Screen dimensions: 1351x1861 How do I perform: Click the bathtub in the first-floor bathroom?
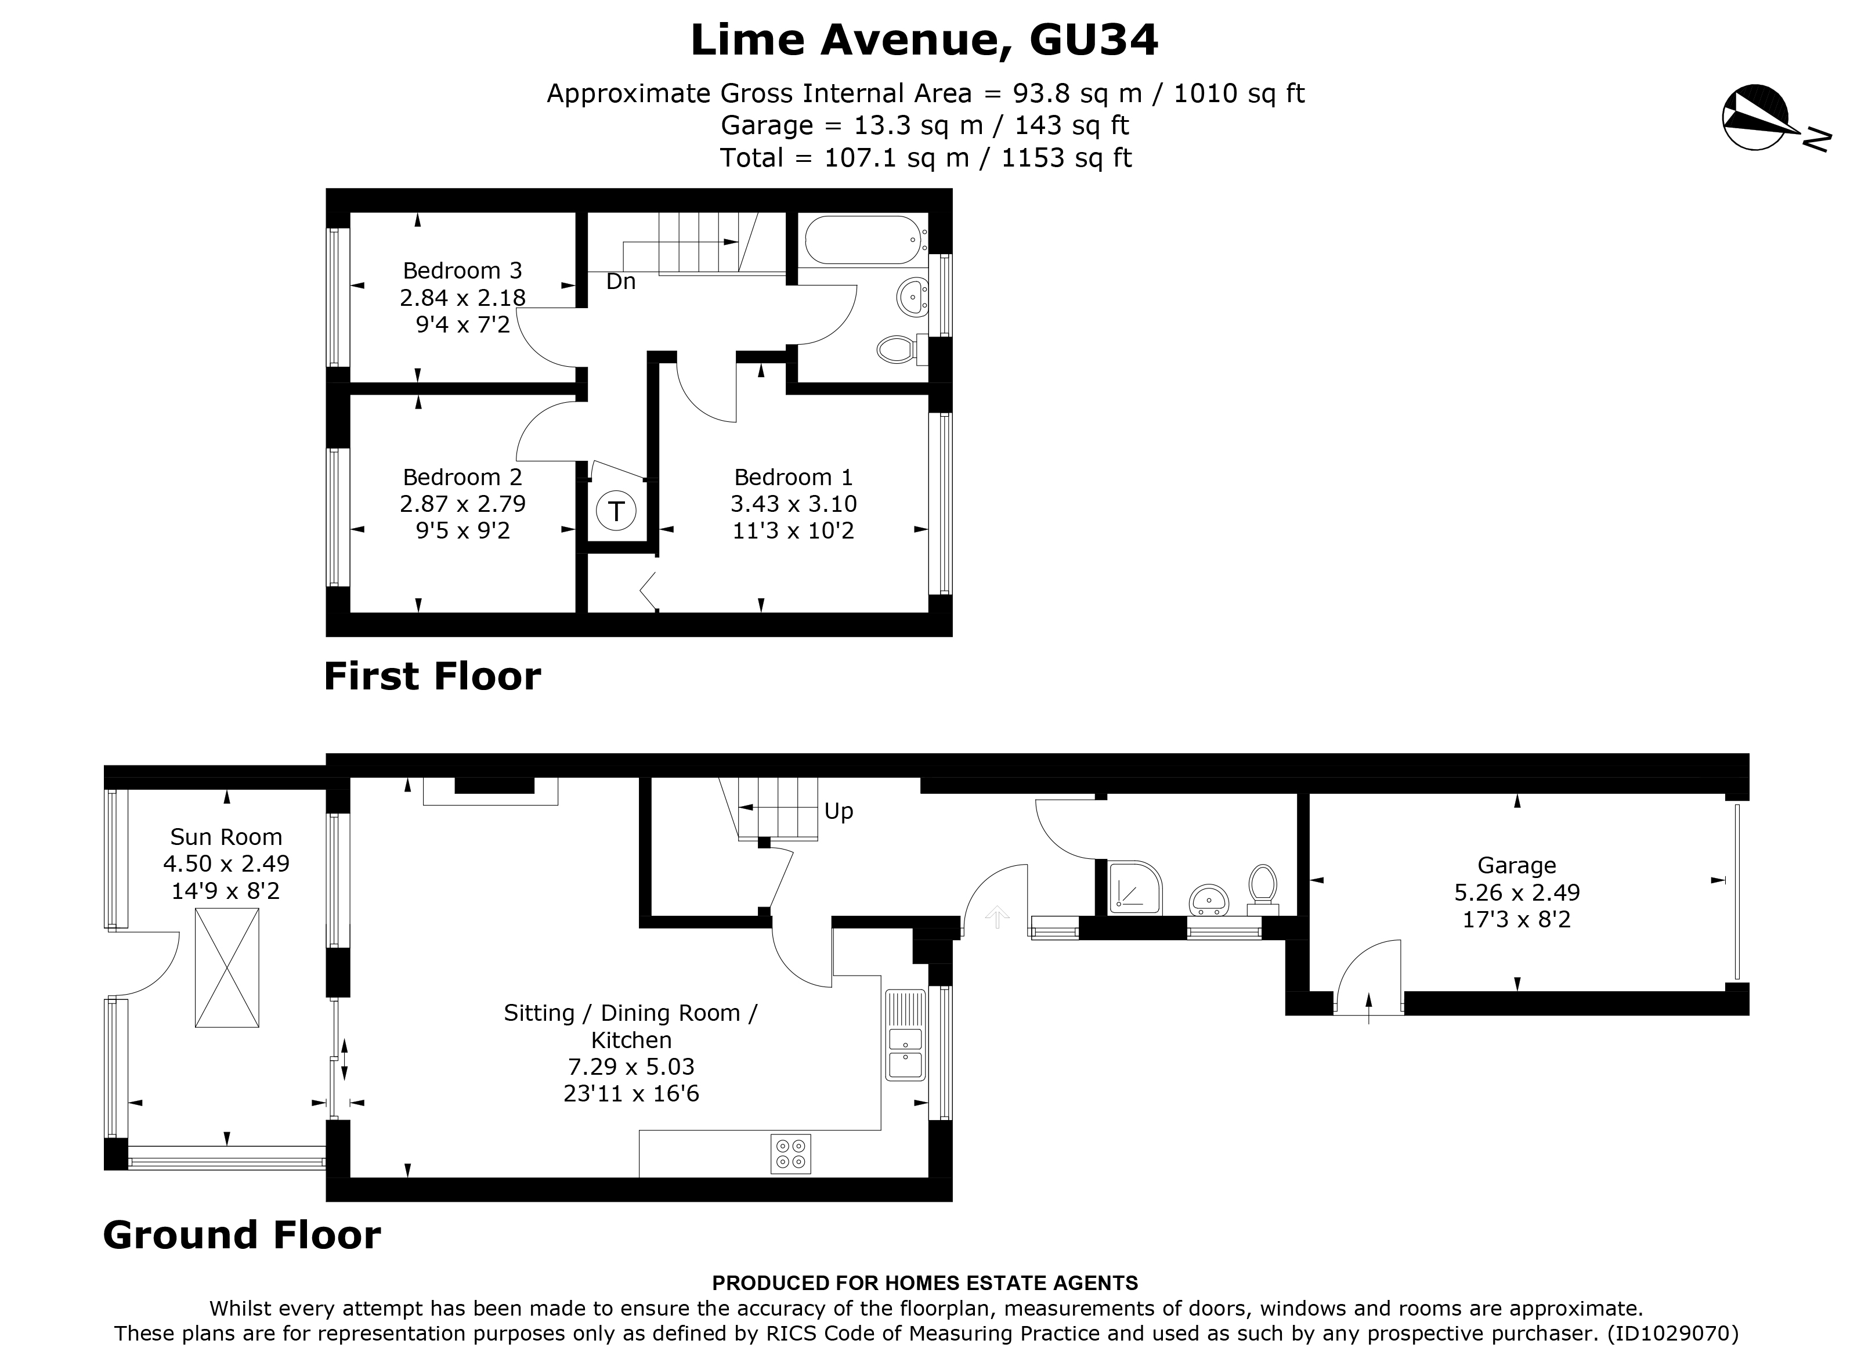[866, 240]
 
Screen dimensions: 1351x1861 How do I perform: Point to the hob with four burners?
[790, 1153]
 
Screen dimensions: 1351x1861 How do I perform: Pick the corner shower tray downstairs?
[1136, 887]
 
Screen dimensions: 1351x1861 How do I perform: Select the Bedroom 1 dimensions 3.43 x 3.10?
[793, 504]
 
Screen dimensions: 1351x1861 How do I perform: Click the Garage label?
[1516, 865]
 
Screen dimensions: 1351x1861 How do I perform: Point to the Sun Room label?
[226, 837]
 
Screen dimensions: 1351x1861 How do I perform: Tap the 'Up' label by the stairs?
[839, 811]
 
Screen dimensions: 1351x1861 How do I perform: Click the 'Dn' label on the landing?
[620, 281]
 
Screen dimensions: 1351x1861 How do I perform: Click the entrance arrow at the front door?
[997, 917]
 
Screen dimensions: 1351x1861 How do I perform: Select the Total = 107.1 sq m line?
[926, 158]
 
